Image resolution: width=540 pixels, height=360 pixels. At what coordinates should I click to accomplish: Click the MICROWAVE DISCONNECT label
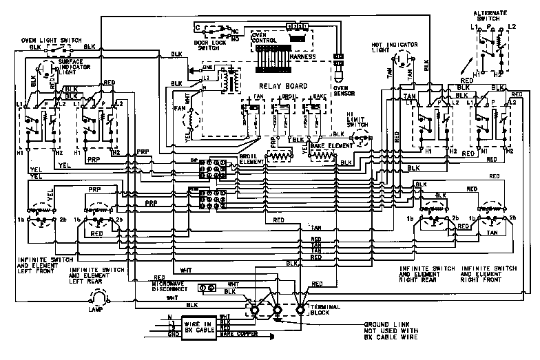tap(170, 284)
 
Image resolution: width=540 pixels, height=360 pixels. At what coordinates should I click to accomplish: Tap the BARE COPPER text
tap(237, 338)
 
